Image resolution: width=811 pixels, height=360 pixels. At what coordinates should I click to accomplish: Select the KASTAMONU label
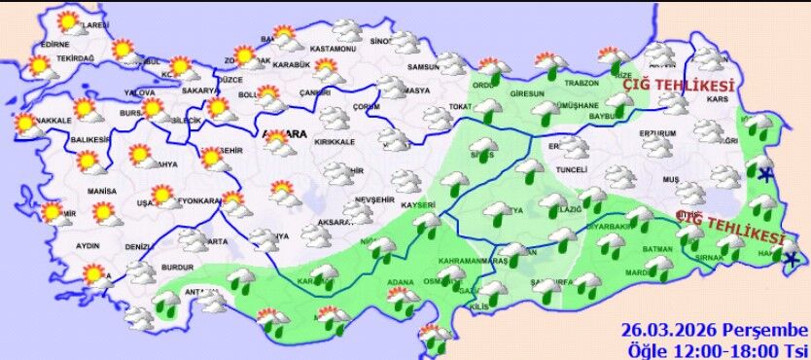335,50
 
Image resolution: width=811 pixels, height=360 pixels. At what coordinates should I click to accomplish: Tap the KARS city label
718,99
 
